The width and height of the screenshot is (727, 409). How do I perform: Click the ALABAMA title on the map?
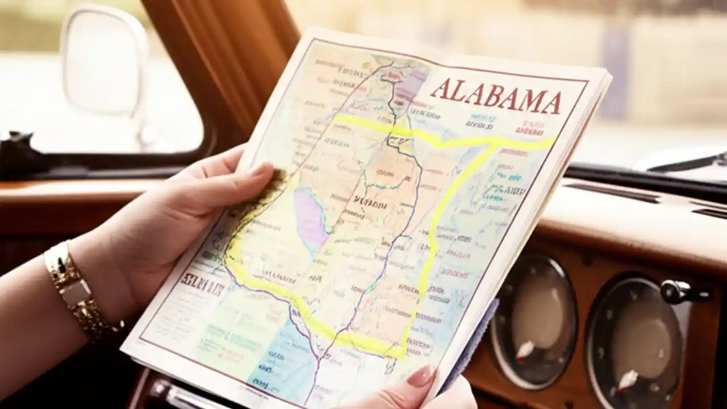pos(495,96)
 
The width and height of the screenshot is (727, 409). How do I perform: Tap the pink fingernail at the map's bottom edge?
pos(421,376)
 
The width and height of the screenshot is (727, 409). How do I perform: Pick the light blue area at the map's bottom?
pos(278,364)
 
